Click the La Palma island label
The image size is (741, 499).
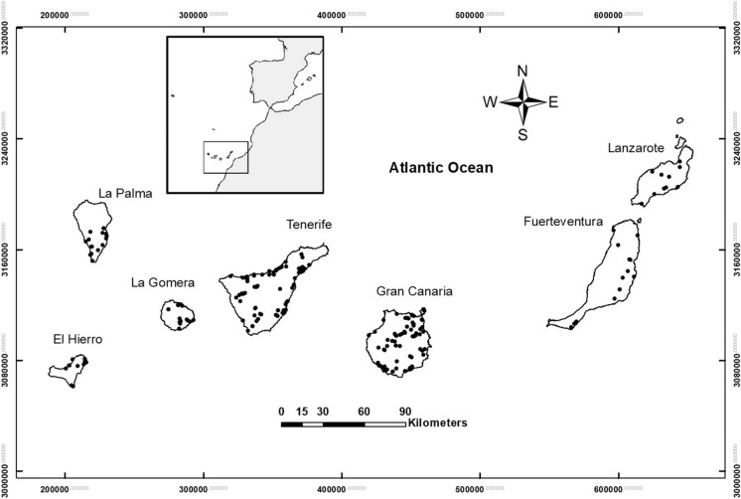[125, 194]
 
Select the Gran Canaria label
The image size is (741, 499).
[414, 291]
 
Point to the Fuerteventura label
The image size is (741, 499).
[563, 221]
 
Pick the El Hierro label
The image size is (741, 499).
[77, 340]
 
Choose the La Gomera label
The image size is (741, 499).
[163, 282]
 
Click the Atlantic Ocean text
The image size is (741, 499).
[440, 168]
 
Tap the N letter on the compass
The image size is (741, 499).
[522, 71]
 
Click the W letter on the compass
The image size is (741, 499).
[490, 102]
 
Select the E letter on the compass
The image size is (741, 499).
[553, 101]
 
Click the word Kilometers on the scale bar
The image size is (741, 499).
[437, 422]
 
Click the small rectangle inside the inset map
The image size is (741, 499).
[225, 157]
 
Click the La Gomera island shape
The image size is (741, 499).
[178, 315]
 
